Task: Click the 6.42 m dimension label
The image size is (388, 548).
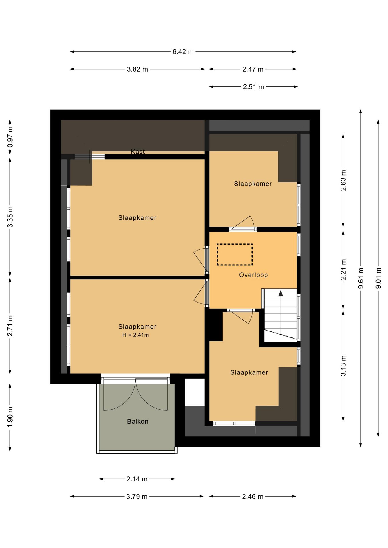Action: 183,52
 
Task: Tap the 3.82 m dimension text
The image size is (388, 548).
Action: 137,69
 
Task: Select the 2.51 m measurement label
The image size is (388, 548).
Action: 253,87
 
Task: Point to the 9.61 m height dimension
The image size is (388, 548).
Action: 361,278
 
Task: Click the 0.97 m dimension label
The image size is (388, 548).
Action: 10,137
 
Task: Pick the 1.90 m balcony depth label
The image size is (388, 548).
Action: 10,417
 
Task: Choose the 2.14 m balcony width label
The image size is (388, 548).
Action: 137,479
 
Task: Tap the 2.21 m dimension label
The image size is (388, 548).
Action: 343,270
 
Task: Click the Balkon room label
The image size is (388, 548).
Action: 138,421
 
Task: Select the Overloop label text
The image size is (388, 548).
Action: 253,275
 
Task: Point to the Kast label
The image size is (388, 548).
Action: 138,152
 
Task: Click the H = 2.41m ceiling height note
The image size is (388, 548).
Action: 135,335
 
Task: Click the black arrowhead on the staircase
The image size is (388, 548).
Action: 281,293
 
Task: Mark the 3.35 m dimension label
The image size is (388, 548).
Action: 10,217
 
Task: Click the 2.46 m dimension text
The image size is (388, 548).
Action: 253,497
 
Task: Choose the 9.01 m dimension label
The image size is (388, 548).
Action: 378,278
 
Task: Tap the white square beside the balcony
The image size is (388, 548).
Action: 195,392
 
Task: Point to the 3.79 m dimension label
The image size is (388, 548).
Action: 137,497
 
